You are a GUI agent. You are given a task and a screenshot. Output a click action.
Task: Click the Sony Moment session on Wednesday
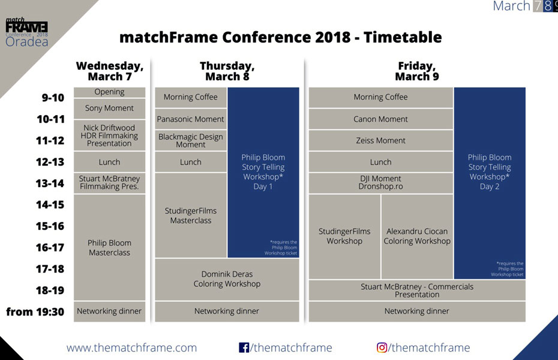click(x=109, y=109)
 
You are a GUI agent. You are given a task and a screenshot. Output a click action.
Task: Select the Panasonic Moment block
click(x=190, y=119)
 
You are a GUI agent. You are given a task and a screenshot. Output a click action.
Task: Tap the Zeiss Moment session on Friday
click(x=380, y=140)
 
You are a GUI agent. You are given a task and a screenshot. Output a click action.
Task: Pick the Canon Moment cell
click(x=380, y=119)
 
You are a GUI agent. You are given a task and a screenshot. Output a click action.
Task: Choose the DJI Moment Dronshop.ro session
click(x=380, y=183)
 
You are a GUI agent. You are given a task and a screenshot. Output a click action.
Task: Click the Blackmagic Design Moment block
click(x=190, y=140)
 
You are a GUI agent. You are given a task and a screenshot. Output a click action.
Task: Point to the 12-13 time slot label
click(x=50, y=162)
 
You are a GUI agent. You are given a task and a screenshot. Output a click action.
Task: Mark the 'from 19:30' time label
click(x=35, y=311)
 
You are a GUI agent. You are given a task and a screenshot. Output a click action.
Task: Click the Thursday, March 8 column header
click(x=227, y=71)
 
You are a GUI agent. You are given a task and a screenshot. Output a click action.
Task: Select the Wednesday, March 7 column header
click(x=110, y=71)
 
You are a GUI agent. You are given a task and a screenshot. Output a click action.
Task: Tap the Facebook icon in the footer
click(x=244, y=347)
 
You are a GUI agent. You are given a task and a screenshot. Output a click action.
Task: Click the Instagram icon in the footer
click(x=382, y=347)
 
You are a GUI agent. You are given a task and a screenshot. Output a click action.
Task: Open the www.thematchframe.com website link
click(x=131, y=347)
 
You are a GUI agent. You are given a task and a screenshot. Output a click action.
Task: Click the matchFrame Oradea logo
click(x=26, y=32)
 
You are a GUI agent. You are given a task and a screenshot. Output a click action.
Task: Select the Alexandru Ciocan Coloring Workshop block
click(x=417, y=236)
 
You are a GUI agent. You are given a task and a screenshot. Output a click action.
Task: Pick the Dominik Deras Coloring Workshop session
click(x=227, y=279)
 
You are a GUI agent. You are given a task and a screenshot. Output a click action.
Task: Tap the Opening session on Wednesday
click(x=109, y=92)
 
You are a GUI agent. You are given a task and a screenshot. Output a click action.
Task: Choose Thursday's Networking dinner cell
click(x=227, y=311)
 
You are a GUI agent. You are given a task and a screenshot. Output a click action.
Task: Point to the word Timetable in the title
click(x=403, y=37)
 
